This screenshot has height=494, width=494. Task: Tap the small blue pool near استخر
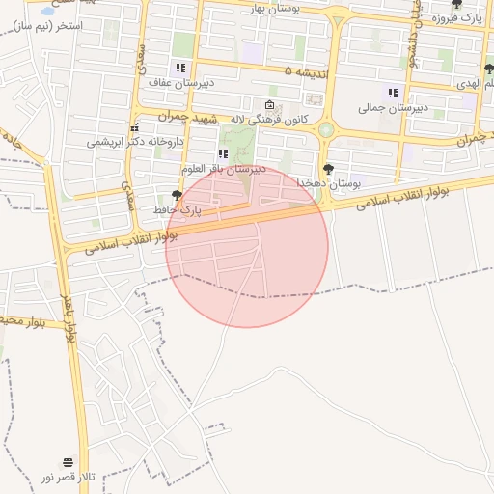coord(48,13)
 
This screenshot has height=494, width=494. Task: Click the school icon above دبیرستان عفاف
coord(179,69)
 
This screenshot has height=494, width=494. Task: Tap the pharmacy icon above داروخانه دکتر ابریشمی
coord(134,127)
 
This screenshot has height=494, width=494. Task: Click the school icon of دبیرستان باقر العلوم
coord(223,153)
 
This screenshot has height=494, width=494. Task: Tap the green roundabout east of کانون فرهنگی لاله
coord(326,129)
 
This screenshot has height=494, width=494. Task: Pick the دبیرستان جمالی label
coord(393,107)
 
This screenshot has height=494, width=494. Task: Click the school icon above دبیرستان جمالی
coord(393,93)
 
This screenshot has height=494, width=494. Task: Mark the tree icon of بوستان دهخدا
coord(328,170)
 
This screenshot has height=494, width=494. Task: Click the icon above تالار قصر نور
coord(68,463)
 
